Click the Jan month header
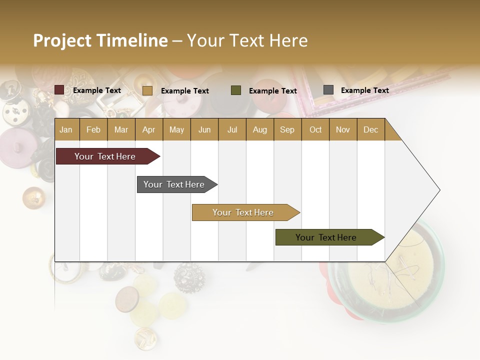tap(66, 129)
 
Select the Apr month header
tap(148, 129)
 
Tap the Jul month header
tap(232, 129)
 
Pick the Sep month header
tap(287, 129)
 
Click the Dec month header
tap(370, 129)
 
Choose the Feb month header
tap(93, 129)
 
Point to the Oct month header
tap(315, 129)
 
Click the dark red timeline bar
tap(105, 156)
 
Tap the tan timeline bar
tap(243, 212)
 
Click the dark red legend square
tap(59, 90)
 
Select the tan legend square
tap(147, 90)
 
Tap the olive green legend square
tap(236, 90)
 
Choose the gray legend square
tap(328, 90)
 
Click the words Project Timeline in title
tap(100, 40)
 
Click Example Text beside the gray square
tap(364, 90)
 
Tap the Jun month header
tap(204, 129)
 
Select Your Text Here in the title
tap(247, 40)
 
